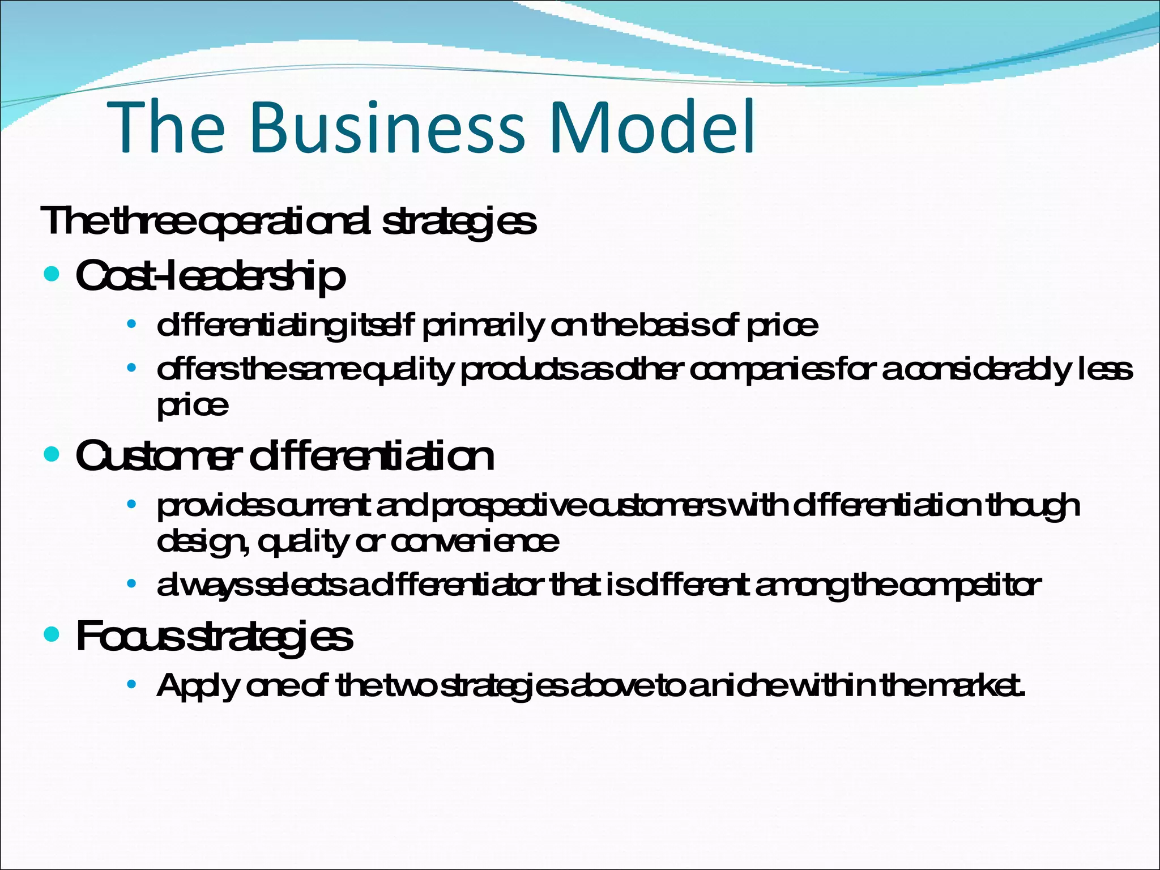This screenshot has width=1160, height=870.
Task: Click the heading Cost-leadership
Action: [210, 277]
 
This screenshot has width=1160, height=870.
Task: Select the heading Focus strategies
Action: [214, 637]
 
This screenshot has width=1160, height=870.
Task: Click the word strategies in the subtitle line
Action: [459, 222]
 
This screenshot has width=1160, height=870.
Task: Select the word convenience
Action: [475, 542]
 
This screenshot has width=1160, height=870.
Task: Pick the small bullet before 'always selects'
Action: [131, 584]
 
